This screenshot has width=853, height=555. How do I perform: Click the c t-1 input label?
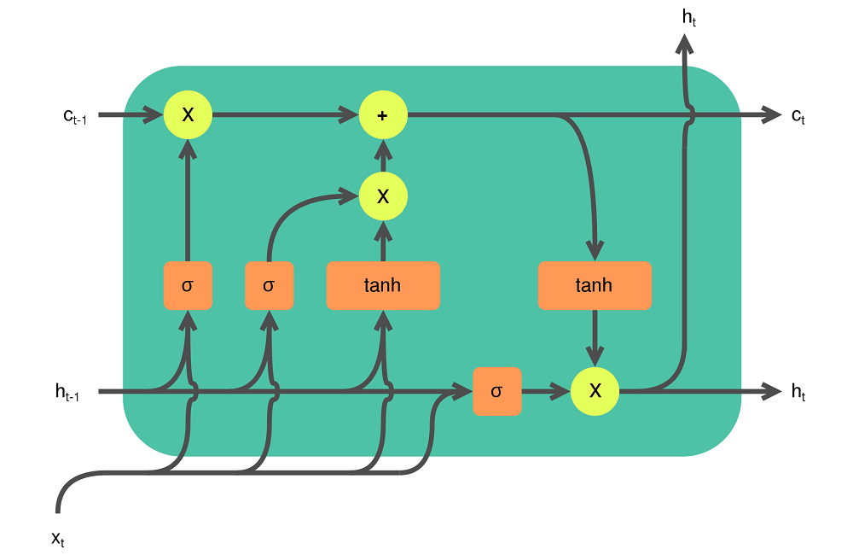74,116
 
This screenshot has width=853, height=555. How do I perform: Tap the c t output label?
798,116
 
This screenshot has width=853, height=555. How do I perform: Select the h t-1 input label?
67,392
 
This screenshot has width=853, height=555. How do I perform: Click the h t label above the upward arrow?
688,15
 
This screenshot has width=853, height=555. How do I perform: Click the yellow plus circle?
383,114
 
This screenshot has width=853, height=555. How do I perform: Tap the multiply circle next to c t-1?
188,114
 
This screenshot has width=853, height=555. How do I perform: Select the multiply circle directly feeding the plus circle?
383,196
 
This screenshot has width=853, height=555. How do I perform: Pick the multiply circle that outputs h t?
595,391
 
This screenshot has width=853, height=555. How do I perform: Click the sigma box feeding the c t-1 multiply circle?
188,285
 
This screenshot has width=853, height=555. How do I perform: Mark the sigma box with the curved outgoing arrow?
269,285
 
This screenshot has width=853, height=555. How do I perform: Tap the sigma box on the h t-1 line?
497,391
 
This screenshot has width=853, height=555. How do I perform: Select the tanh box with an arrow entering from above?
595,285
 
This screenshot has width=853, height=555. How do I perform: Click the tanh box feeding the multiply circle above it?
383,285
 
